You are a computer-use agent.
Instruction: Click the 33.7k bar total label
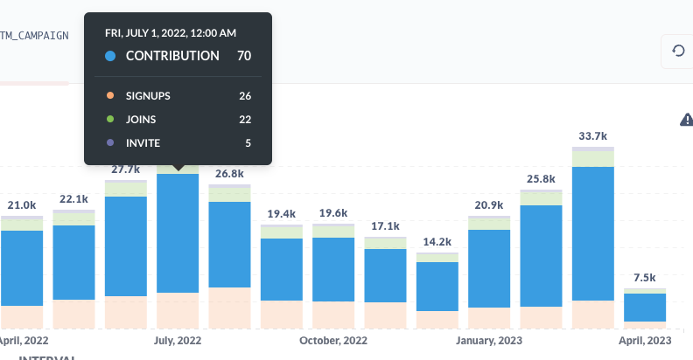point(592,136)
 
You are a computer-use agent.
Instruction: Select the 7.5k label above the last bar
point(645,278)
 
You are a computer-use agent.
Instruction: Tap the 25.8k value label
point(540,180)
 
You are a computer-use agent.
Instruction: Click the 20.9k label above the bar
point(488,204)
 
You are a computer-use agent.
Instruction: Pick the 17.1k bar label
point(384,225)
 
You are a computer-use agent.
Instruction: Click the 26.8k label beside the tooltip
point(229,174)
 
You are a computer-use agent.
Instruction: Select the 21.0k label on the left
point(22,205)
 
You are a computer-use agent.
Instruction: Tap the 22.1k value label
point(73,199)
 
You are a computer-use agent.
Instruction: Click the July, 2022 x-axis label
point(177,341)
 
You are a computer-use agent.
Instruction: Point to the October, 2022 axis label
point(333,341)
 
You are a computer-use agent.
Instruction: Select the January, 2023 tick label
point(490,341)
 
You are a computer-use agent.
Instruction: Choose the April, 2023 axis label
point(645,341)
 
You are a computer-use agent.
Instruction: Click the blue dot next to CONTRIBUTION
point(109,56)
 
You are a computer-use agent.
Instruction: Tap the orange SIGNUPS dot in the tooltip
point(109,95)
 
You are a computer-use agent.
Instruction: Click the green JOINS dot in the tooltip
point(109,120)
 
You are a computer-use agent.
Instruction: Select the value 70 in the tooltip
point(244,56)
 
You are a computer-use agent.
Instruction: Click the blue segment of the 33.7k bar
point(592,232)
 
